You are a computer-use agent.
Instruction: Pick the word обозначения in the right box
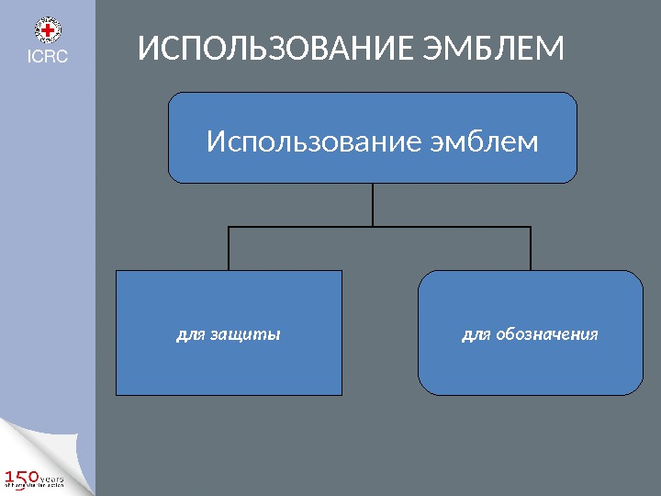(x=547, y=334)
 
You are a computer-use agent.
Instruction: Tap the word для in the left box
(x=191, y=334)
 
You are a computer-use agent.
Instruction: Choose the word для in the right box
(x=476, y=334)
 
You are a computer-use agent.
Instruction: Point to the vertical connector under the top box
(x=373, y=204)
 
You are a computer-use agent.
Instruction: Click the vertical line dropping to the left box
(x=228, y=248)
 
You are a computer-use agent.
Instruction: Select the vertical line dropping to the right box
(x=531, y=248)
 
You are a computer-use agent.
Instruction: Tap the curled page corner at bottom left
(x=28, y=441)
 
